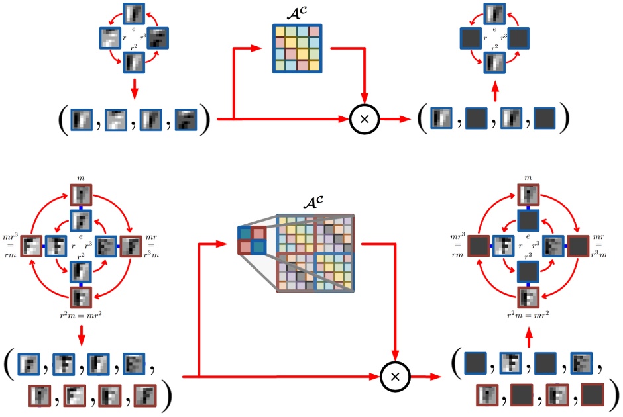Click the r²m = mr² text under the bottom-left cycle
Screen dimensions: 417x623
click(80, 314)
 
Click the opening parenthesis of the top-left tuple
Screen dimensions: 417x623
click(61, 120)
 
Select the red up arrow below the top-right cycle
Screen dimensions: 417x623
click(494, 87)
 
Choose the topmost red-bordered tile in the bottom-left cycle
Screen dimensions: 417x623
click(80, 195)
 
